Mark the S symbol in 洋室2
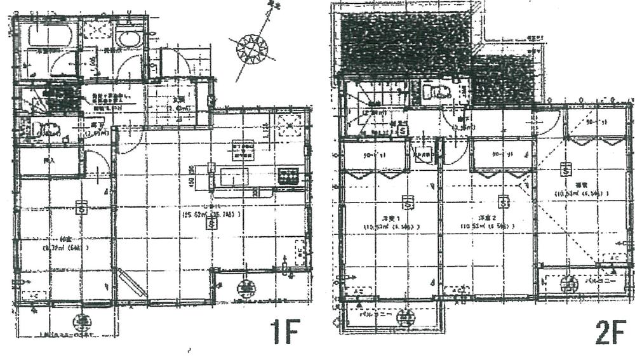pos(504,203)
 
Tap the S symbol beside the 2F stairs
pos(403,130)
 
